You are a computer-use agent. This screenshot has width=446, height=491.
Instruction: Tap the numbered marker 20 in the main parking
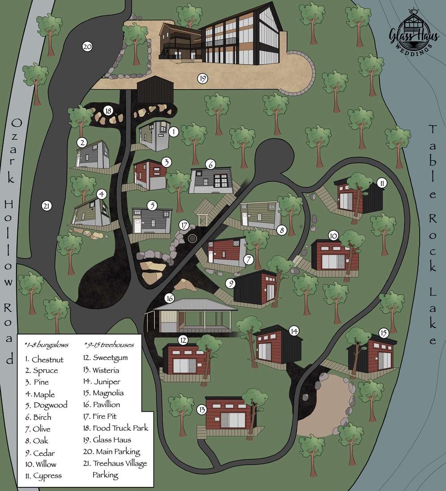click(x=87, y=46)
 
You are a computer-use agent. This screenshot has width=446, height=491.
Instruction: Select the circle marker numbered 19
click(x=202, y=79)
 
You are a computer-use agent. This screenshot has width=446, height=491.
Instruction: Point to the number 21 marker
click(x=46, y=206)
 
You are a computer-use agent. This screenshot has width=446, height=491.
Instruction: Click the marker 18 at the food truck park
click(x=107, y=110)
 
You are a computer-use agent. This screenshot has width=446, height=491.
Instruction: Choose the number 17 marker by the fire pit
click(x=184, y=225)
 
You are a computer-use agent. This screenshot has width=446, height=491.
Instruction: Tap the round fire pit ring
click(x=193, y=238)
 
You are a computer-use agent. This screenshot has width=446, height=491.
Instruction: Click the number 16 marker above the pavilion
click(x=169, y=298)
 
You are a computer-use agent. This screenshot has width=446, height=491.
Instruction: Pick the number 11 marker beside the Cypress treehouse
click(x=382, y=183)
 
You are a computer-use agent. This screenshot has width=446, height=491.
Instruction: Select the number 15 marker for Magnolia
click(x=384, y=333)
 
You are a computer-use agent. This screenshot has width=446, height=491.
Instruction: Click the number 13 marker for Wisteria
click(x=202, y=409)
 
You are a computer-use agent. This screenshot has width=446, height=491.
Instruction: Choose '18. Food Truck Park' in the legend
click(x=116, y=428)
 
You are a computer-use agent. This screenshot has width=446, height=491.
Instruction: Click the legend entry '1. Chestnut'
click(x=44, y=360)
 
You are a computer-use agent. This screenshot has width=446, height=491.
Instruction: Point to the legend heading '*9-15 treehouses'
click(x=108, y=345)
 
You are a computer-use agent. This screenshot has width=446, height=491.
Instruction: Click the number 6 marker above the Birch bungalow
click(x=211, y=164)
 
